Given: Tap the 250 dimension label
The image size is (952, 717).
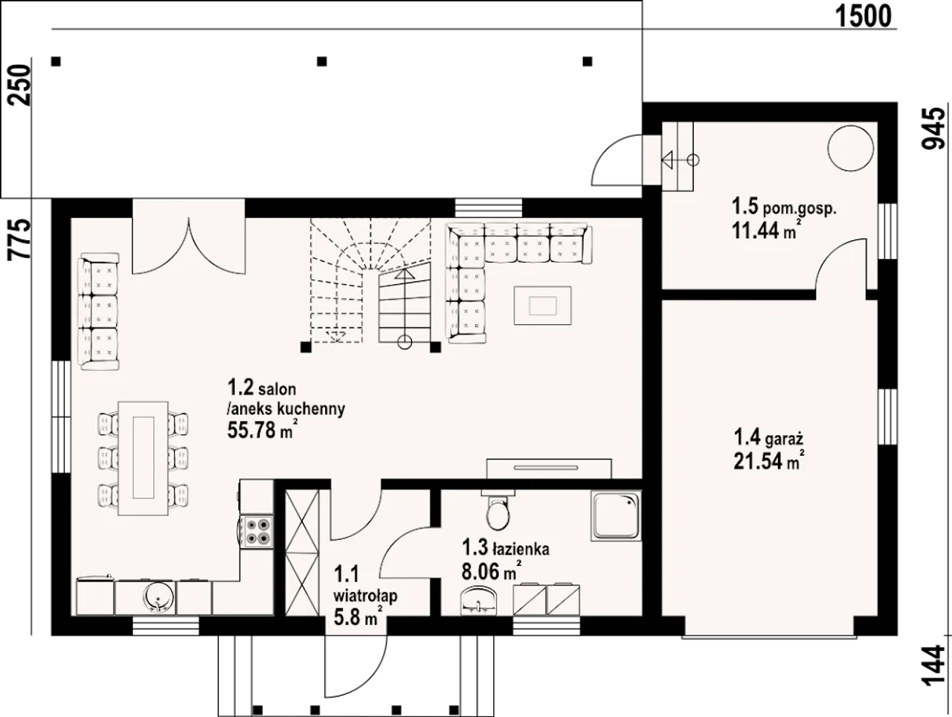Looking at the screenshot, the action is click(x=20, y=85).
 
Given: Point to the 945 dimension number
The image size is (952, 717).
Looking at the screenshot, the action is click(x=933, y=129).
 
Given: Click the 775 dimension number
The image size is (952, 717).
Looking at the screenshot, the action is click(x=20, y=239).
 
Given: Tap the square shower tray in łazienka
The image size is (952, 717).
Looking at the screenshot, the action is click(x=616, y=516).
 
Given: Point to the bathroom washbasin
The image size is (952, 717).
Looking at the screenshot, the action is click(x=478, y=601).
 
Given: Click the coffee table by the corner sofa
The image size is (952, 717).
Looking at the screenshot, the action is click(x=542, y=306).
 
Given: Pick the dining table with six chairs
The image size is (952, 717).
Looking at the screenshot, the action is click(x=144, y=458).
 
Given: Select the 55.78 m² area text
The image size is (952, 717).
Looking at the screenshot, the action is click(x=263, y=430).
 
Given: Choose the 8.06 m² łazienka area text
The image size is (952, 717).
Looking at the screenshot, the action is click(x=491, y=571).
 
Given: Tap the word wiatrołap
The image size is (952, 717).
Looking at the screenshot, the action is click(x=365, y=597).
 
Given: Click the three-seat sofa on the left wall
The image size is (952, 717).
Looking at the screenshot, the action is click(x=98, y=312).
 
